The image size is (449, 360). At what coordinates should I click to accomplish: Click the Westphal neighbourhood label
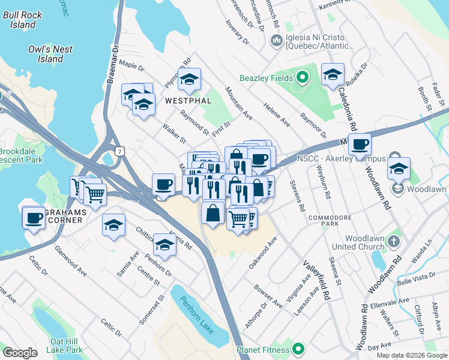pos(188,101)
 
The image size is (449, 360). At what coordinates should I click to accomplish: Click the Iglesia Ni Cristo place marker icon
pos(276,41)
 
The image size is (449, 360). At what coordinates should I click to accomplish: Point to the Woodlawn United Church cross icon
pos(393,241)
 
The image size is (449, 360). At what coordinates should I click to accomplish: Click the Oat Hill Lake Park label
pos(66,345)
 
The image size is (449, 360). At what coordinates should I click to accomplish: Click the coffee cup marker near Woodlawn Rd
pos(360,145)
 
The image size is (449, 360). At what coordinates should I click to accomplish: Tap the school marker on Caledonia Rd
pos(333,75)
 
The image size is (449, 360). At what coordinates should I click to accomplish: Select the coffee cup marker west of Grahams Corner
pos(34,217)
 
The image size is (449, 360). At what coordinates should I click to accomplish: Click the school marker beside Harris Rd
pos(164,245)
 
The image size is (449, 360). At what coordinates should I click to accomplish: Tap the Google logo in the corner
pos(20,353)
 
